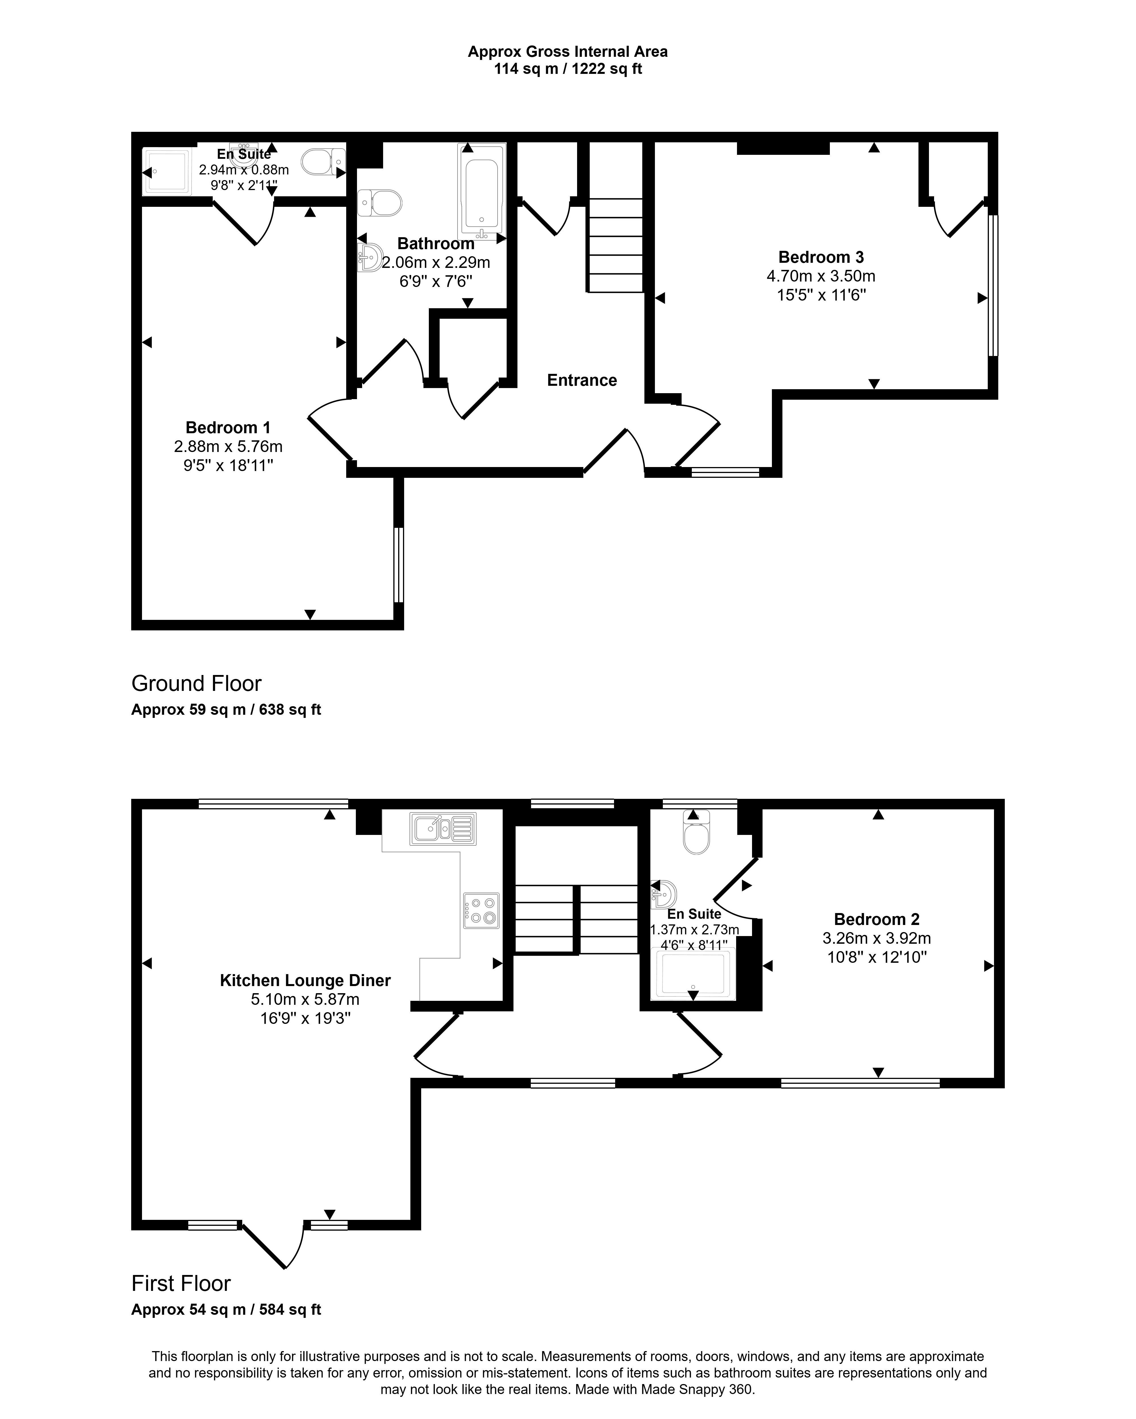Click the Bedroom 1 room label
click(227, 428)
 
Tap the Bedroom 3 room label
click(821, 257)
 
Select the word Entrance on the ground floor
click(582, 380)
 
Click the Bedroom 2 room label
click(877, 920)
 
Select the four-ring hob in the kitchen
click(481, 910)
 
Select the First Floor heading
click(181, 1283)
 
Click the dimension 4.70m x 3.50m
click(821, 276)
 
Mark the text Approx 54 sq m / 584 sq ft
click(226, 1310)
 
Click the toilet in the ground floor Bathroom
click(379, 203)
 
